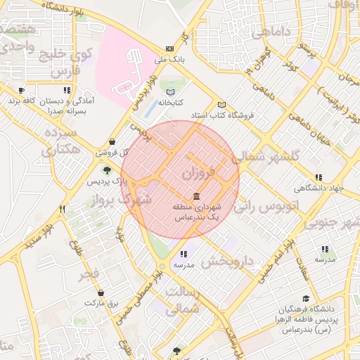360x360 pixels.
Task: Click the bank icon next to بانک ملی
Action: [169, 49]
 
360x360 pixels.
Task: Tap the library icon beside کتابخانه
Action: [169, 91]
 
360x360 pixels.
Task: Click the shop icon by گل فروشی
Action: [112, 141]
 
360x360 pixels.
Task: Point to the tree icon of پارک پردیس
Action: [107, 169]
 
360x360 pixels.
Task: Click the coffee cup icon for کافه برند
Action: [21, 91]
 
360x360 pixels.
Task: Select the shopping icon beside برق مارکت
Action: [100, 292]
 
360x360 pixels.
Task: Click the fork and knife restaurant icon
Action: [63, 209]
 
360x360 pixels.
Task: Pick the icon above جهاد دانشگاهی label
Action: [319, 177]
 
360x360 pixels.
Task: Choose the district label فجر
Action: [89, 274]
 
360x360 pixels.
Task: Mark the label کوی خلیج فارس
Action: [72, 63]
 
